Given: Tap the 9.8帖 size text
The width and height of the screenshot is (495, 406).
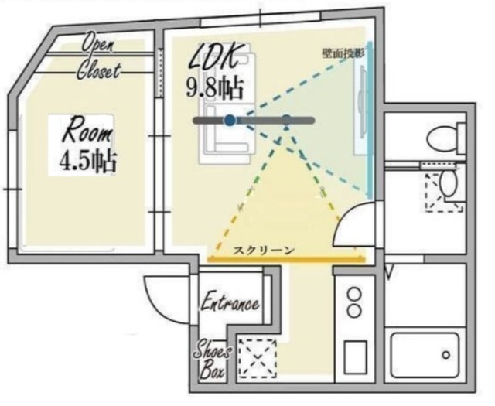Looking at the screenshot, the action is pos(215,87).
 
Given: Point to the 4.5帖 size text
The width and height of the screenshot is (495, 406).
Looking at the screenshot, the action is pos(88,162).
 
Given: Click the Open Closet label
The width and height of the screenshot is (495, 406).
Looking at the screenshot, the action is pos(98,59).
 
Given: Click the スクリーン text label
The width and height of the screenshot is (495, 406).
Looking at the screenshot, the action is pos(264,251).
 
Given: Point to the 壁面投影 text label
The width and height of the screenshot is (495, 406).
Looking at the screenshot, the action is pos(343,53).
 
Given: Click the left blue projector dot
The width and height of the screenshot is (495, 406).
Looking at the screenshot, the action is pos(230,120).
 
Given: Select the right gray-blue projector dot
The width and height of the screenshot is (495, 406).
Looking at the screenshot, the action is pos(286,120).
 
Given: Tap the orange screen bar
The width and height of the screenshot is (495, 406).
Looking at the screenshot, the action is pos(286,260).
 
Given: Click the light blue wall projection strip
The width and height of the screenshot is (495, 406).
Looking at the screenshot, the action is pos(370,121).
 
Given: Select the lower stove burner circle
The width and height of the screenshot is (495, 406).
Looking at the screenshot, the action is pos(354,311).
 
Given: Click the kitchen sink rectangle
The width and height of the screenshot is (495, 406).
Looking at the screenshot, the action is pos(355,357).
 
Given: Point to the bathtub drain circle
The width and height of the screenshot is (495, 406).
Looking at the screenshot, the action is pos(445,355).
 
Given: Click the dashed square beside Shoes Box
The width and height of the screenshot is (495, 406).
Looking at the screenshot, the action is pos(258,358).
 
